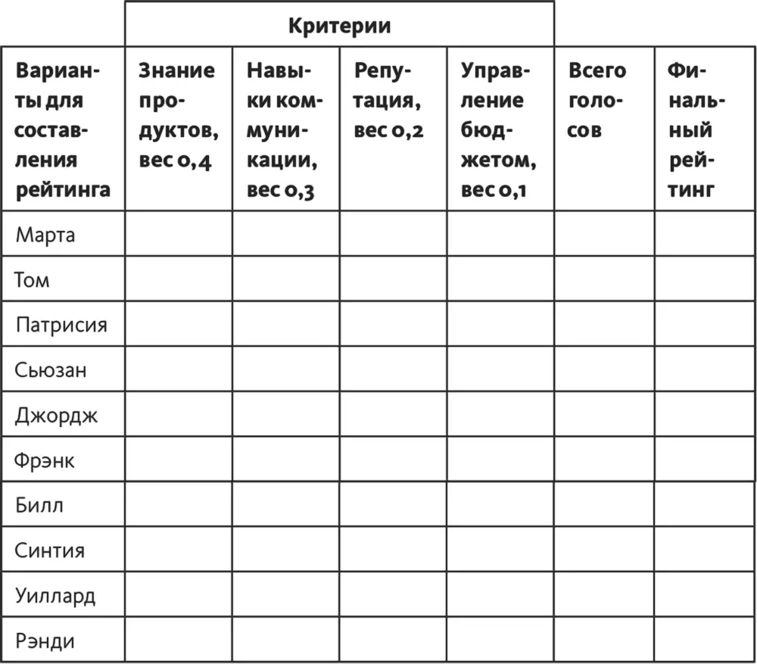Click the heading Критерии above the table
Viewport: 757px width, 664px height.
(339, 26)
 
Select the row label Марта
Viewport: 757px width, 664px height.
(45, 234)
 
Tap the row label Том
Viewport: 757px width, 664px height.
(32, 279)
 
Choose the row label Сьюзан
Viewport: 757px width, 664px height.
(51, 370)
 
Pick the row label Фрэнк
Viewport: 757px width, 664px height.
(45, 460)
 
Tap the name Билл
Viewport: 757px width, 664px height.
(39, 506)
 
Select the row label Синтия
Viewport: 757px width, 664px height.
(50, 550)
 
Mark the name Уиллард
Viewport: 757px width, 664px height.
(55, 596)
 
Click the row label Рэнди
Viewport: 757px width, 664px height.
(45, 641)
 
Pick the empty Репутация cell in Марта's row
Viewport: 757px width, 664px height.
(393, 234)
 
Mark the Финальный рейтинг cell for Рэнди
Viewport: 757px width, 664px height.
(704, 641)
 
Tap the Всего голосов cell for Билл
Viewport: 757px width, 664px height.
(604, 506)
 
